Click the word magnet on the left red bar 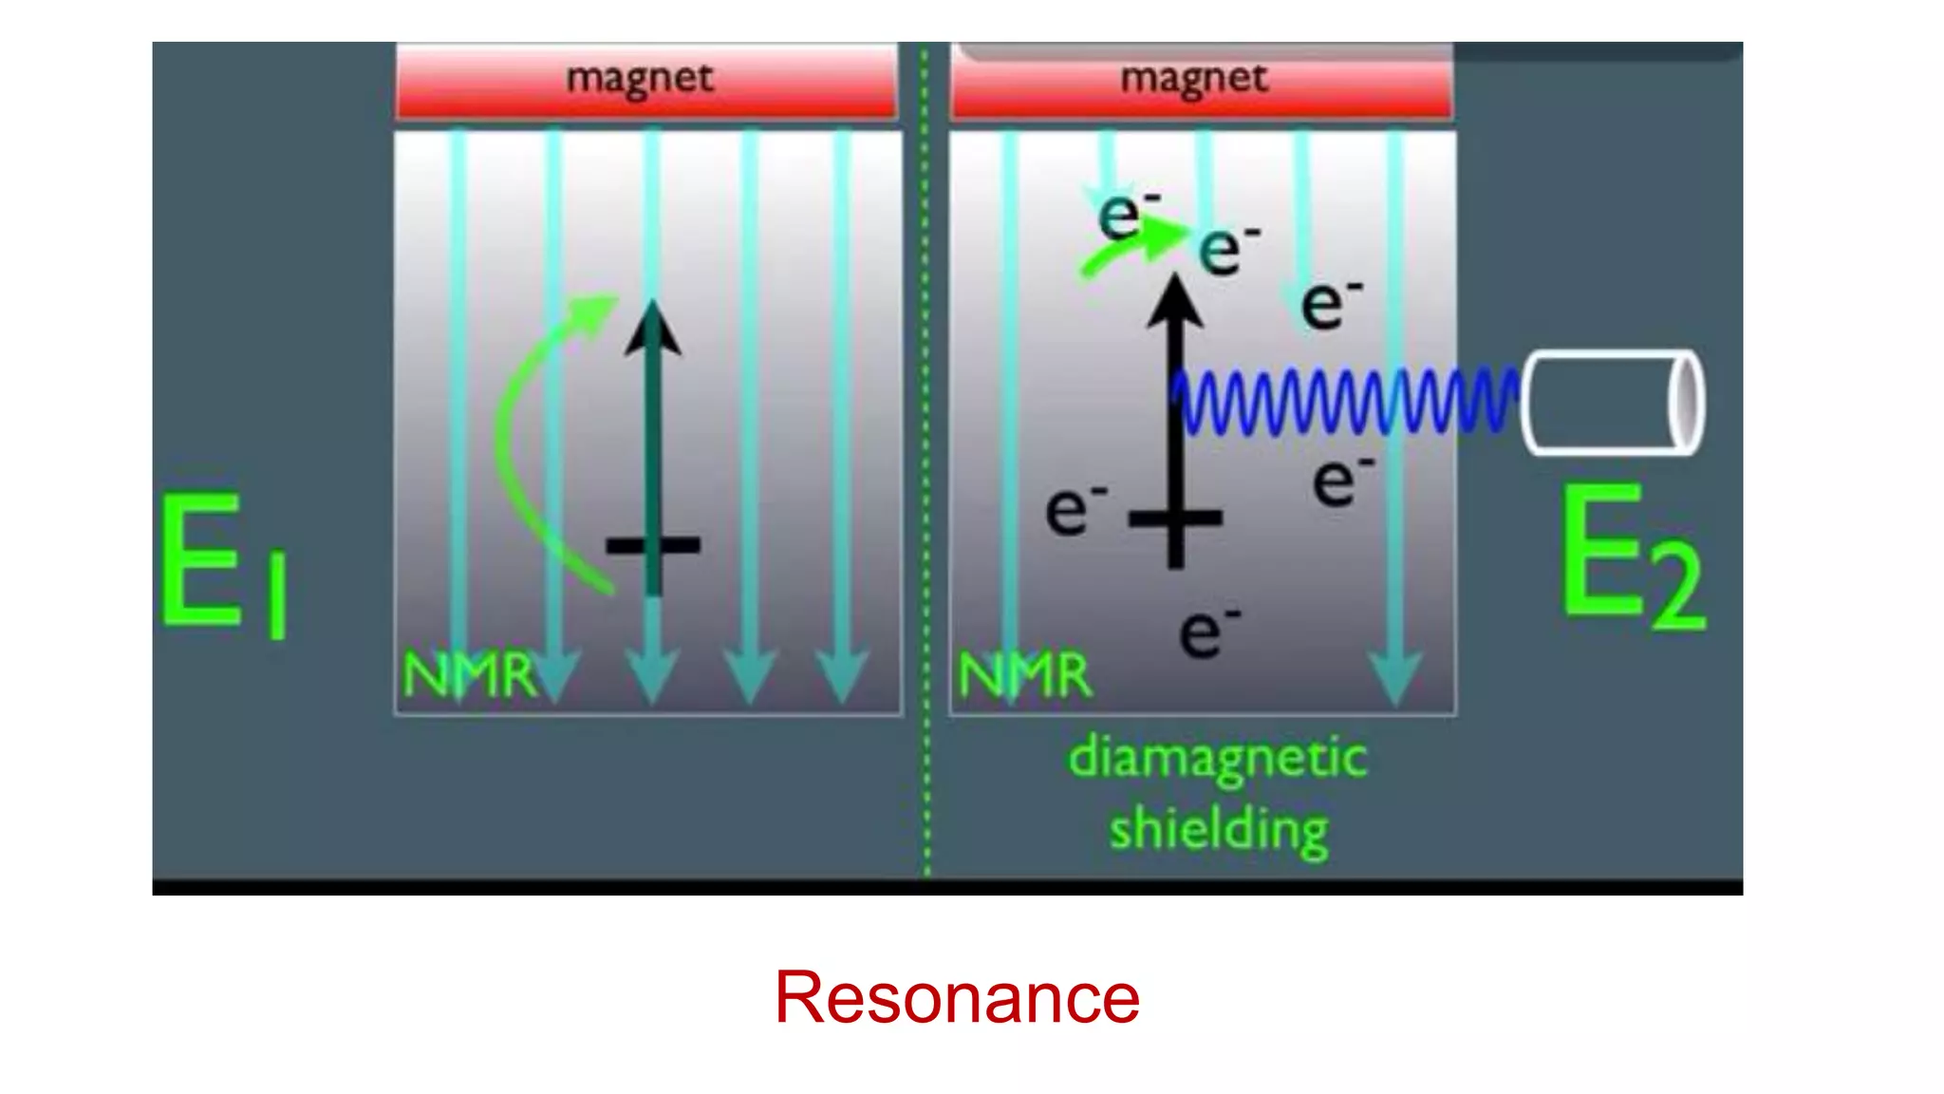pos(639,78)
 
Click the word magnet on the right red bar pos(1193,78)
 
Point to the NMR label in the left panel pos(469,675)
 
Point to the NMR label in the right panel pos(1024,675)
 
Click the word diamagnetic pos(1218,759)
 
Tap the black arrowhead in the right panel pos(1175,302)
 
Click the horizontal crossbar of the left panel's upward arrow pos(653,545)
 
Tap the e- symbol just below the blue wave pos(1342,481)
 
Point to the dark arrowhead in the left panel pos(652,330)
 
